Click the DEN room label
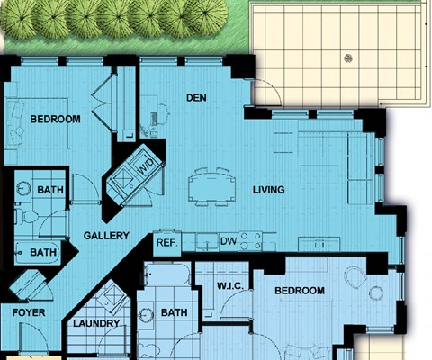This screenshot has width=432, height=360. click(196, 97)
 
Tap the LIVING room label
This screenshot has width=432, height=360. click(269, 190)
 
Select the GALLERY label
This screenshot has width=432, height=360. click(106, 236)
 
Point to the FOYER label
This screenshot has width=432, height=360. click(29, 312)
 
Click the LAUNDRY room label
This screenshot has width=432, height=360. click(96, 323)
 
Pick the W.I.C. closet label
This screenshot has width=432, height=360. click(230, 286)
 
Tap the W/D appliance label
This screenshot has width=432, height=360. click(146, 166)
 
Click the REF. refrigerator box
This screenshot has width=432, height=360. click(167, 243)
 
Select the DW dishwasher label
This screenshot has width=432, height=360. click(229, 241)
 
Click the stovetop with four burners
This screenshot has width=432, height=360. click(250, 241)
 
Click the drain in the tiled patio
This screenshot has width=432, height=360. click(348, 58)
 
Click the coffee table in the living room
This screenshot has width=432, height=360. click(319, 175)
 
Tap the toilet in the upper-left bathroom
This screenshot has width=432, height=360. click(26, 215)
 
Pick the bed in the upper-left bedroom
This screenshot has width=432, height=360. click(37, 122)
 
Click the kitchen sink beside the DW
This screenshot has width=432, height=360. click(207, 242)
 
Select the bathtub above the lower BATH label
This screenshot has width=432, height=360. click(167, 274)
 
